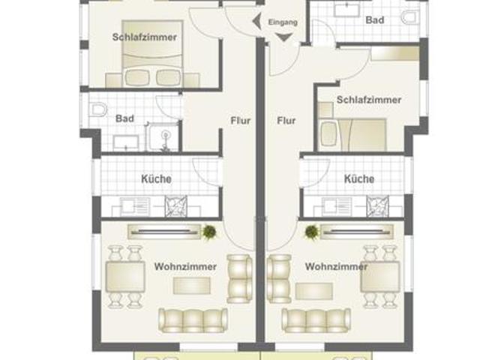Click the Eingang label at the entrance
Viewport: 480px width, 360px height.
pyautogui.click(x=283, y=22)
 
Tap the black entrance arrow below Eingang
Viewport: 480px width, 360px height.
pyautogui.click(x=283, y=37)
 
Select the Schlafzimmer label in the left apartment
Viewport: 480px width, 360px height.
pyautogui.click(x=145, y=37)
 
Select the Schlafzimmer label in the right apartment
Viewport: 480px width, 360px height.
pyautogui.click(x=369, y=100)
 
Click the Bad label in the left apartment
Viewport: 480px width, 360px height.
pyautogui.click(x=124, y=118)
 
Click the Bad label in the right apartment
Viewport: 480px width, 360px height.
pyautogui.click(x=375, y=20)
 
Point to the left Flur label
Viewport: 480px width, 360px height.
pyautogui.click(x=240, y=120)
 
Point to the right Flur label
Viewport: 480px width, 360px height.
pyautogui.click(x=286, y=120)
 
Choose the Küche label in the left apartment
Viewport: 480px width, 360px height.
pyautogui.click(x=156, y=179)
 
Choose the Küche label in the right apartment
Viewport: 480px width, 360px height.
pyautogui.click(x=359, y=179)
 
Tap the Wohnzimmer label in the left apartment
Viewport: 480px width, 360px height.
pyautogui.click(x=185, y=266)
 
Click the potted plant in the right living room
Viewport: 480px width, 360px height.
pyautogui.click(x=310, y=232)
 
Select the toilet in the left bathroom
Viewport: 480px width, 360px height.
pyautogui.click(x=97, y=110)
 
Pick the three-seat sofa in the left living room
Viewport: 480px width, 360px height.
pyautogui.click(x=192, y=319)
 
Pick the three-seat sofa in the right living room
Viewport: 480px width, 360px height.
pyautogui.click(x=315, y=319)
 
